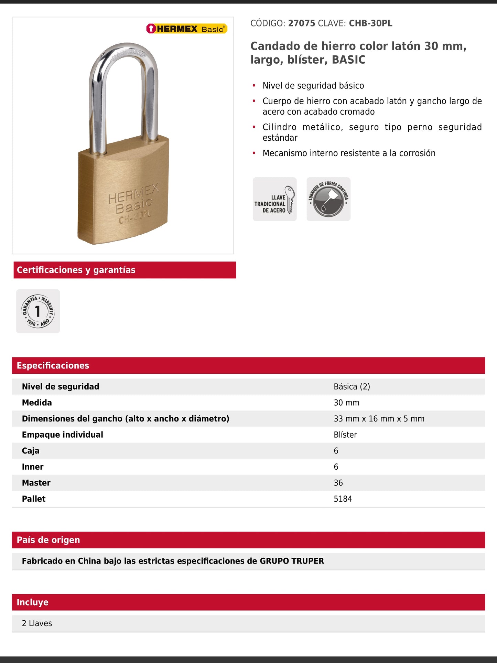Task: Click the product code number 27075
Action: (301, 23)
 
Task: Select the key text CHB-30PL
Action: (370, 23)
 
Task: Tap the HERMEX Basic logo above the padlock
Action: (187, 29)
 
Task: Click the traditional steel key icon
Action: (274, 199)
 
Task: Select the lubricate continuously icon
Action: (328, 199)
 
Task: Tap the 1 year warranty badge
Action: (38, 311)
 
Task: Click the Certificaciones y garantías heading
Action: (76, 270)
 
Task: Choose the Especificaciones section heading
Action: (53, 365)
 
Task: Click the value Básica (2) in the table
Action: (352, 387)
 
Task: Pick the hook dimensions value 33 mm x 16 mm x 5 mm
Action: (379, 419)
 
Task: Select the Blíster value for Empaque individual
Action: (345, 435)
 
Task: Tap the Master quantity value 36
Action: (338, 483)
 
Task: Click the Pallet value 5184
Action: (343, 499)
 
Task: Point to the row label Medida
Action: (37, 403)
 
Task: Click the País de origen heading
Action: (48, 540)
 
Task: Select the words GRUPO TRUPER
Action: (292, 561)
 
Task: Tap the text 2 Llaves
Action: (37, 623)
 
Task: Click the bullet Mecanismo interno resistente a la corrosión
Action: (349, 153)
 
